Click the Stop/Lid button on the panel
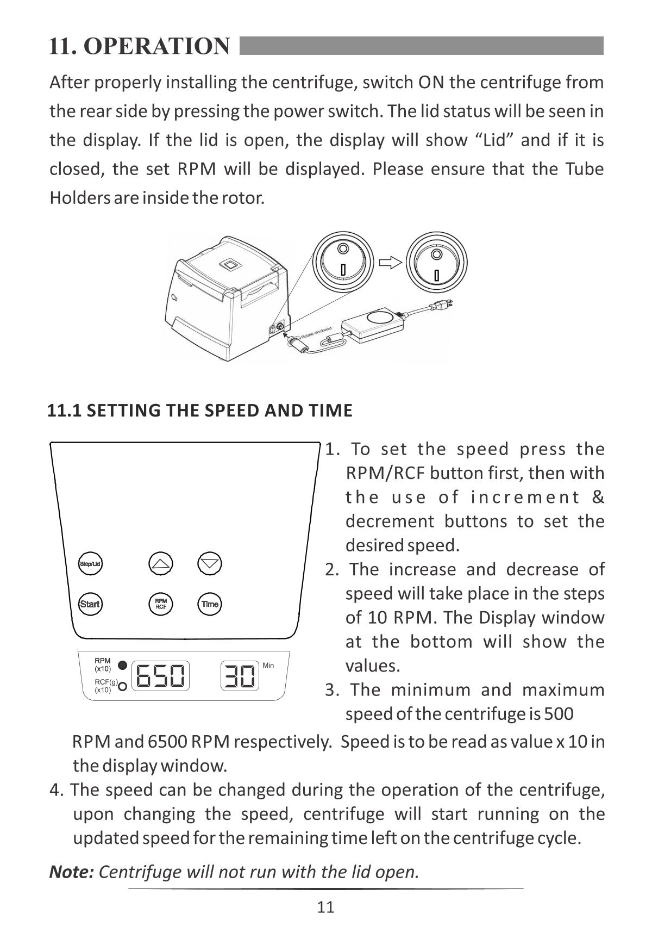90,564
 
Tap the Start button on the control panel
90,604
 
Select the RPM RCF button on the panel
161,604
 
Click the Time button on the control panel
210,604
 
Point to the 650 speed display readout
160,675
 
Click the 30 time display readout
240,675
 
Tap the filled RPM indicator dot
123,665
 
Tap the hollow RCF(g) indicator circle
123,686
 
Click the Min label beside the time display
268,665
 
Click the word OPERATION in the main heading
158,46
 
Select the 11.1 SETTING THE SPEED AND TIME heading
200,410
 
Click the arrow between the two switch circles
391,263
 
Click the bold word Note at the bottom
72,872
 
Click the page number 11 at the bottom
326,907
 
